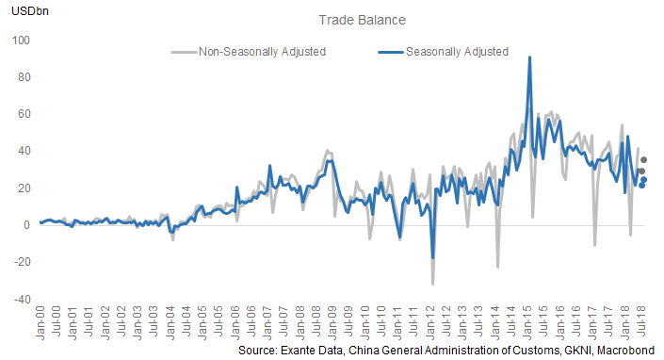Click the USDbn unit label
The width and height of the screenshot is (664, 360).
click(x=29, y=9)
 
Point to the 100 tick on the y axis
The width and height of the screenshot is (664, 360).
click(x=21, y=41)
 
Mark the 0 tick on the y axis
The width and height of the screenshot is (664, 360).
click(x=26, y=225)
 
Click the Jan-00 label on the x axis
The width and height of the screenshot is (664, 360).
click(x=41, y=321)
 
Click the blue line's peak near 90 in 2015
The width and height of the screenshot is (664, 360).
click(x=530, y=57)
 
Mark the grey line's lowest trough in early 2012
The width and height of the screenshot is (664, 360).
click(x=432, y=284)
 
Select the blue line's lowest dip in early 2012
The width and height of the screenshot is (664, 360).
click(x=433, y=257)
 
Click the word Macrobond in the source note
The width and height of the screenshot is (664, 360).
click(x=621, y=350)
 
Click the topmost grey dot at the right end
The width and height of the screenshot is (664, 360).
click(x=643, y=160)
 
